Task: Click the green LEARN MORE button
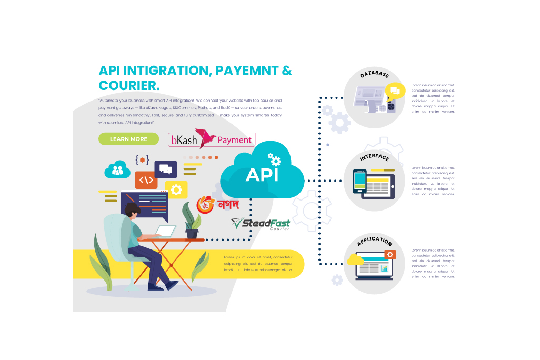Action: point(128,139)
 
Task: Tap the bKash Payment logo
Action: point(211,139)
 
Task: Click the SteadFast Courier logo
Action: point(261,224)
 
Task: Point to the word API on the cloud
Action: point(262,174)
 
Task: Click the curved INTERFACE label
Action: point(374,157)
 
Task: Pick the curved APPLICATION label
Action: point(374,241)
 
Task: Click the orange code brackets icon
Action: point(146,180)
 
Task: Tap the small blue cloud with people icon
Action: point(117,169)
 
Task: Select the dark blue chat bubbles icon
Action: point(165,169)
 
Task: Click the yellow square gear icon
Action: point(176,188)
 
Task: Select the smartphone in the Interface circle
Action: point(359,183)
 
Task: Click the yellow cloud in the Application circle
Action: point(355,259)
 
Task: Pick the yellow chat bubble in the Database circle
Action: point(393,91)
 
